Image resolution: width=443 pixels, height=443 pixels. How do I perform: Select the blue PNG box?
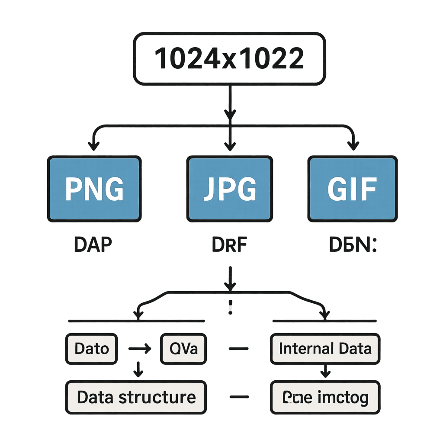tap(94, 189)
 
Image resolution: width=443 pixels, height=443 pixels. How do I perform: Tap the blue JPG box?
tap(229, 189)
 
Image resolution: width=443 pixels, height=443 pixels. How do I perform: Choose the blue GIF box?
tap(352, 189)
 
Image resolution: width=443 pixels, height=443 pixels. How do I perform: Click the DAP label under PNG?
tap(93, 245)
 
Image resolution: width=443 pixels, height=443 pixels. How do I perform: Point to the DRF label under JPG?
tap(230, 245)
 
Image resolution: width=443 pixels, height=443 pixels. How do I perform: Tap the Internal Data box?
tap(325, 348)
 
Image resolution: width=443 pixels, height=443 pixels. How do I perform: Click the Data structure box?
tap(136, 397)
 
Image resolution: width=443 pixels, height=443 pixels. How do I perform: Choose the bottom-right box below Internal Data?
tap(325, 397)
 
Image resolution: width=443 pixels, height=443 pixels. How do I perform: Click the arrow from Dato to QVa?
tap(139, 348)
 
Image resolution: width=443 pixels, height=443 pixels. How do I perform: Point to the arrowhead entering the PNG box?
tap(92, 145)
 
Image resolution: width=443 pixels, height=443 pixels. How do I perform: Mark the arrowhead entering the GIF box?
tap(353, 145)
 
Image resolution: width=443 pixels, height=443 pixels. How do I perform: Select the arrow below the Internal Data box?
tap(325, 370)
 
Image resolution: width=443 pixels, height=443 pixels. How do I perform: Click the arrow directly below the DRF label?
tap(230, 279)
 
